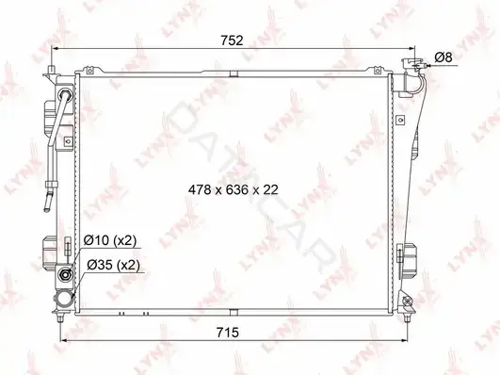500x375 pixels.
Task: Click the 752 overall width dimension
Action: (232, 41)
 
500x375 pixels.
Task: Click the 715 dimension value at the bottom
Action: (227, 333)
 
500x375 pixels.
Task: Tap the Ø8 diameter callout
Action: (444, 57)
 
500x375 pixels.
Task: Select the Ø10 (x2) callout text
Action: (110, 240)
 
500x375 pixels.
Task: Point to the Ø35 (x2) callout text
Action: (113, 265)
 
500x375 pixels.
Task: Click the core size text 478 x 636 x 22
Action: (234, 190)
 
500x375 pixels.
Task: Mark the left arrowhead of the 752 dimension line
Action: (55, 49)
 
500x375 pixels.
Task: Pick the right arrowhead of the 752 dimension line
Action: (412, 49)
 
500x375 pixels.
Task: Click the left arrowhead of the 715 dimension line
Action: (63, 340)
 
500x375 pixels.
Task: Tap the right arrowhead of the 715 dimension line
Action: (404, 340)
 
